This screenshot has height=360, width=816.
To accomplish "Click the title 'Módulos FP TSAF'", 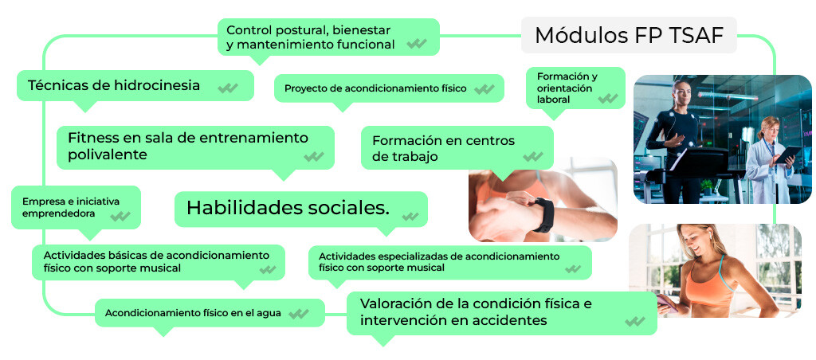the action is [629, 35].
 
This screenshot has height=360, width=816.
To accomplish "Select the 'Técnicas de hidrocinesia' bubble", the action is [135, 86].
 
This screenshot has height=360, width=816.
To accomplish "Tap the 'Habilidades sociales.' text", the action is [288, 208].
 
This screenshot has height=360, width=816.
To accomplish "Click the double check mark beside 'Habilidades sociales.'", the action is [410, 216].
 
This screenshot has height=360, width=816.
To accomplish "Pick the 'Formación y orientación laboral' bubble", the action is [575, 88].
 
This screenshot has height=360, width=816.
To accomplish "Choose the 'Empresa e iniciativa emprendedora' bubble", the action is [76, 207].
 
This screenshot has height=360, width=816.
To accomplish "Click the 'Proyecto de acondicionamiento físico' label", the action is [375, 88].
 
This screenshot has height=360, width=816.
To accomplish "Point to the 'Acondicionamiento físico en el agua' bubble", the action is [210, 313].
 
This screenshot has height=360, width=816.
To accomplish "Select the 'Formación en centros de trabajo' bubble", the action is [457, 148].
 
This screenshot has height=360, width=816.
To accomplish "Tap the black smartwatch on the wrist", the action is [543, 214].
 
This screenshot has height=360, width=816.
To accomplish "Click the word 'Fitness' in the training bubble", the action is [92, 138].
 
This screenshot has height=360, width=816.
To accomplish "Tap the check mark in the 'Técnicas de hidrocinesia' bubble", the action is [227, 88].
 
